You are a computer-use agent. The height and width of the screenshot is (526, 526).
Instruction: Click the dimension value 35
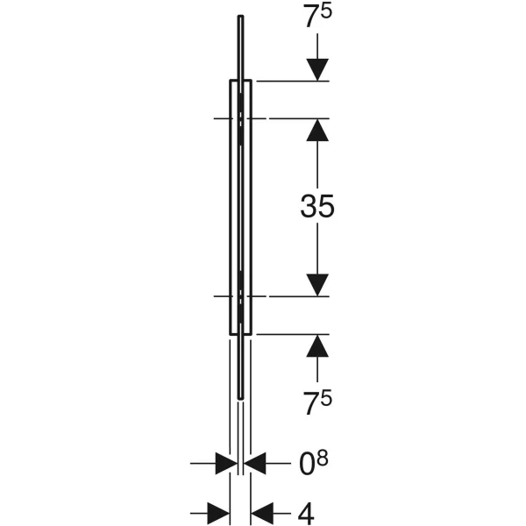pyautogui.click(x=317, y=206)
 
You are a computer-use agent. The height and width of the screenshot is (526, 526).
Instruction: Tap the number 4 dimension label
pyautogui.click(x=306, y=514)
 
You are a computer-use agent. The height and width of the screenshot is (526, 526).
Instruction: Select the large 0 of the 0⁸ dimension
pyautogui.click(x=307, y=465)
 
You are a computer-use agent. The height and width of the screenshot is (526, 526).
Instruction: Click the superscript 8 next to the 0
pyautogui.click(x=323, y=458)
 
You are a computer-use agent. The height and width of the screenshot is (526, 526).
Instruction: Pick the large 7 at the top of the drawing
pyautogui.click(x=311, y=17)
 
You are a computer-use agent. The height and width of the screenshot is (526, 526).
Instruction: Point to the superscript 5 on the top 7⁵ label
pyautogui.click(x=326, y=11)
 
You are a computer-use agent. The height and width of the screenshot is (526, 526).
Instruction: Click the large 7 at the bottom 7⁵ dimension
pyautogui.click(x=311, y=403)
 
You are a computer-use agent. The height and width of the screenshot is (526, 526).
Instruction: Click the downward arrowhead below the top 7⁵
pyautogui.click(x=317, y=70)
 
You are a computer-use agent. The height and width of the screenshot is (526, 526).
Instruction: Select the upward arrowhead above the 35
pyautogui.click(x=317, y=130)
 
